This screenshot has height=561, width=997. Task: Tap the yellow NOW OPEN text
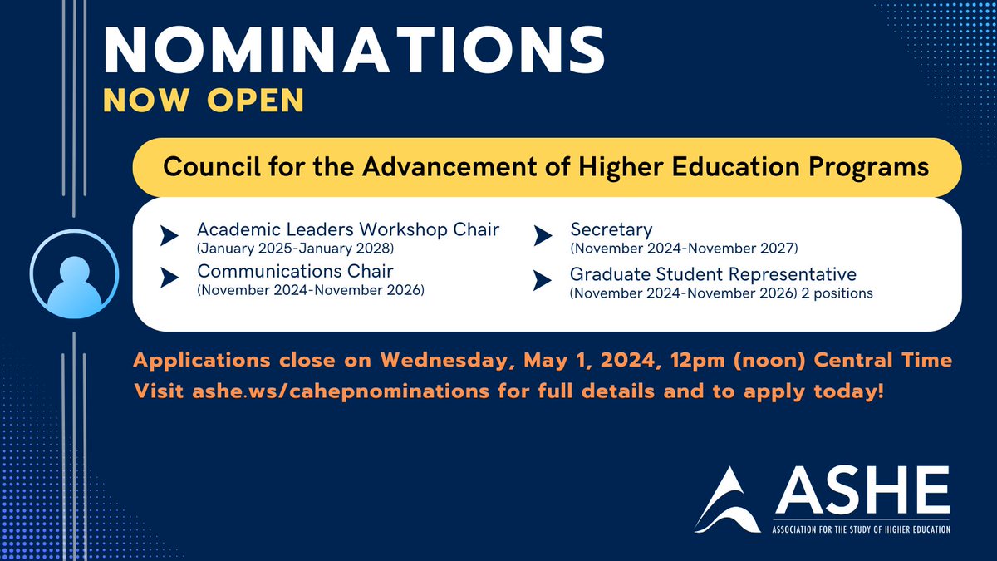point(204,100)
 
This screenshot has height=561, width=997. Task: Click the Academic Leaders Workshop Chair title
point(348,229)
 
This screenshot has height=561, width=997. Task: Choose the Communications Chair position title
point(295,271)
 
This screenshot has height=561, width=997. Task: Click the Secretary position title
point(611,229)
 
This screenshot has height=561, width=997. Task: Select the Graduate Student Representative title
point(713,274)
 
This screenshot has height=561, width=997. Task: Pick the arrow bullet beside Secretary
point(541,237)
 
